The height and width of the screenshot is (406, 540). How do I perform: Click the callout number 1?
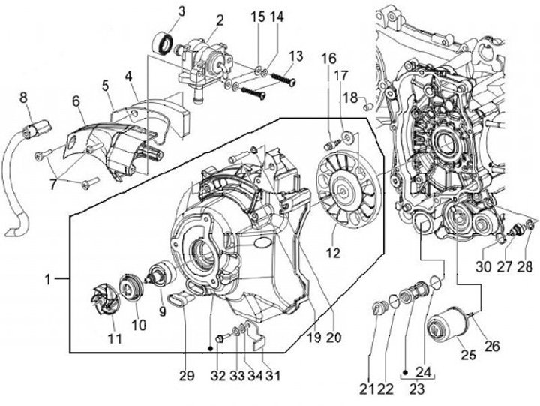pyautogui.click(x=47, y=279)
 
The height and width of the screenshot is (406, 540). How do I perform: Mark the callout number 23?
pyautogui.click(x=416, y=390)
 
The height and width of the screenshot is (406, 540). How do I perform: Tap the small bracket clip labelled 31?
pyautogui.click(x=257, y=338)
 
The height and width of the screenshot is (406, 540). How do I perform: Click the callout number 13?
pyautogui.click(x=295, y=57)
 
